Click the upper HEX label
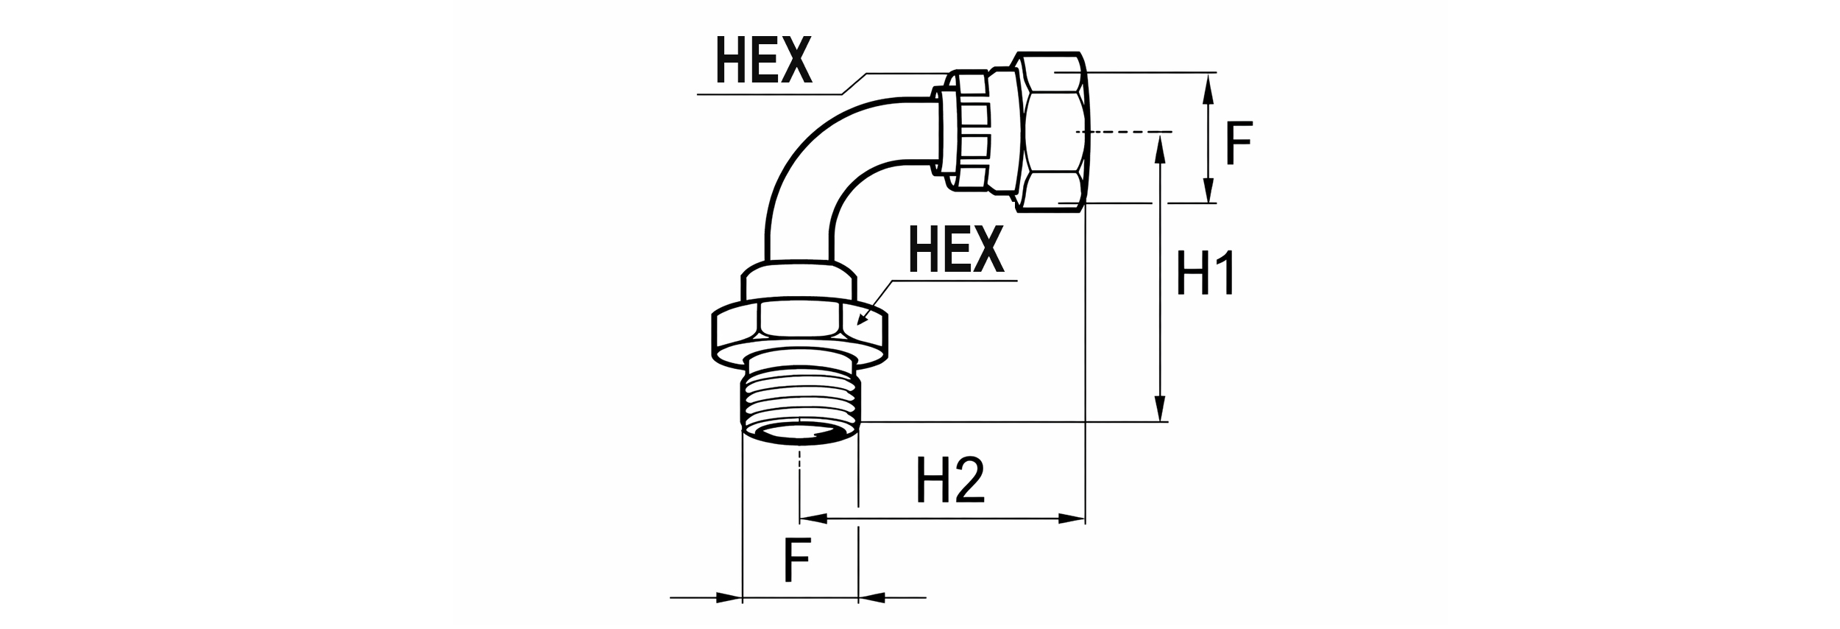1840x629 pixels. (x=764, y=60)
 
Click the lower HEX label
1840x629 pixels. (x=957, y=249)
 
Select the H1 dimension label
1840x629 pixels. (x=1206, y=273)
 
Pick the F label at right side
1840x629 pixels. (x=1239, y=144)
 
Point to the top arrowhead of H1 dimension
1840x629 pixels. (x=1160, y=147)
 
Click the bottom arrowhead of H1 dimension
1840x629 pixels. (x=1160, y=409)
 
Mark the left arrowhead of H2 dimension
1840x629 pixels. (x=813, y=519)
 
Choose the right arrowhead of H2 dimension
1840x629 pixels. (x=1072, y=519)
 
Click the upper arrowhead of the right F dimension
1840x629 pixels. (x=1207, y=86)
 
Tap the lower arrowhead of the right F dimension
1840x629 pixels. (x=1207, y=189)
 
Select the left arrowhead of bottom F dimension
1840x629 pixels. (x=729, y=597)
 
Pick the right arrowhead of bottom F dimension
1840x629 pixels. (x=871, y=597)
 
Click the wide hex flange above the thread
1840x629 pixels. (x=800, y=331)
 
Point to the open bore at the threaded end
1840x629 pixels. (x=800, y=434)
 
